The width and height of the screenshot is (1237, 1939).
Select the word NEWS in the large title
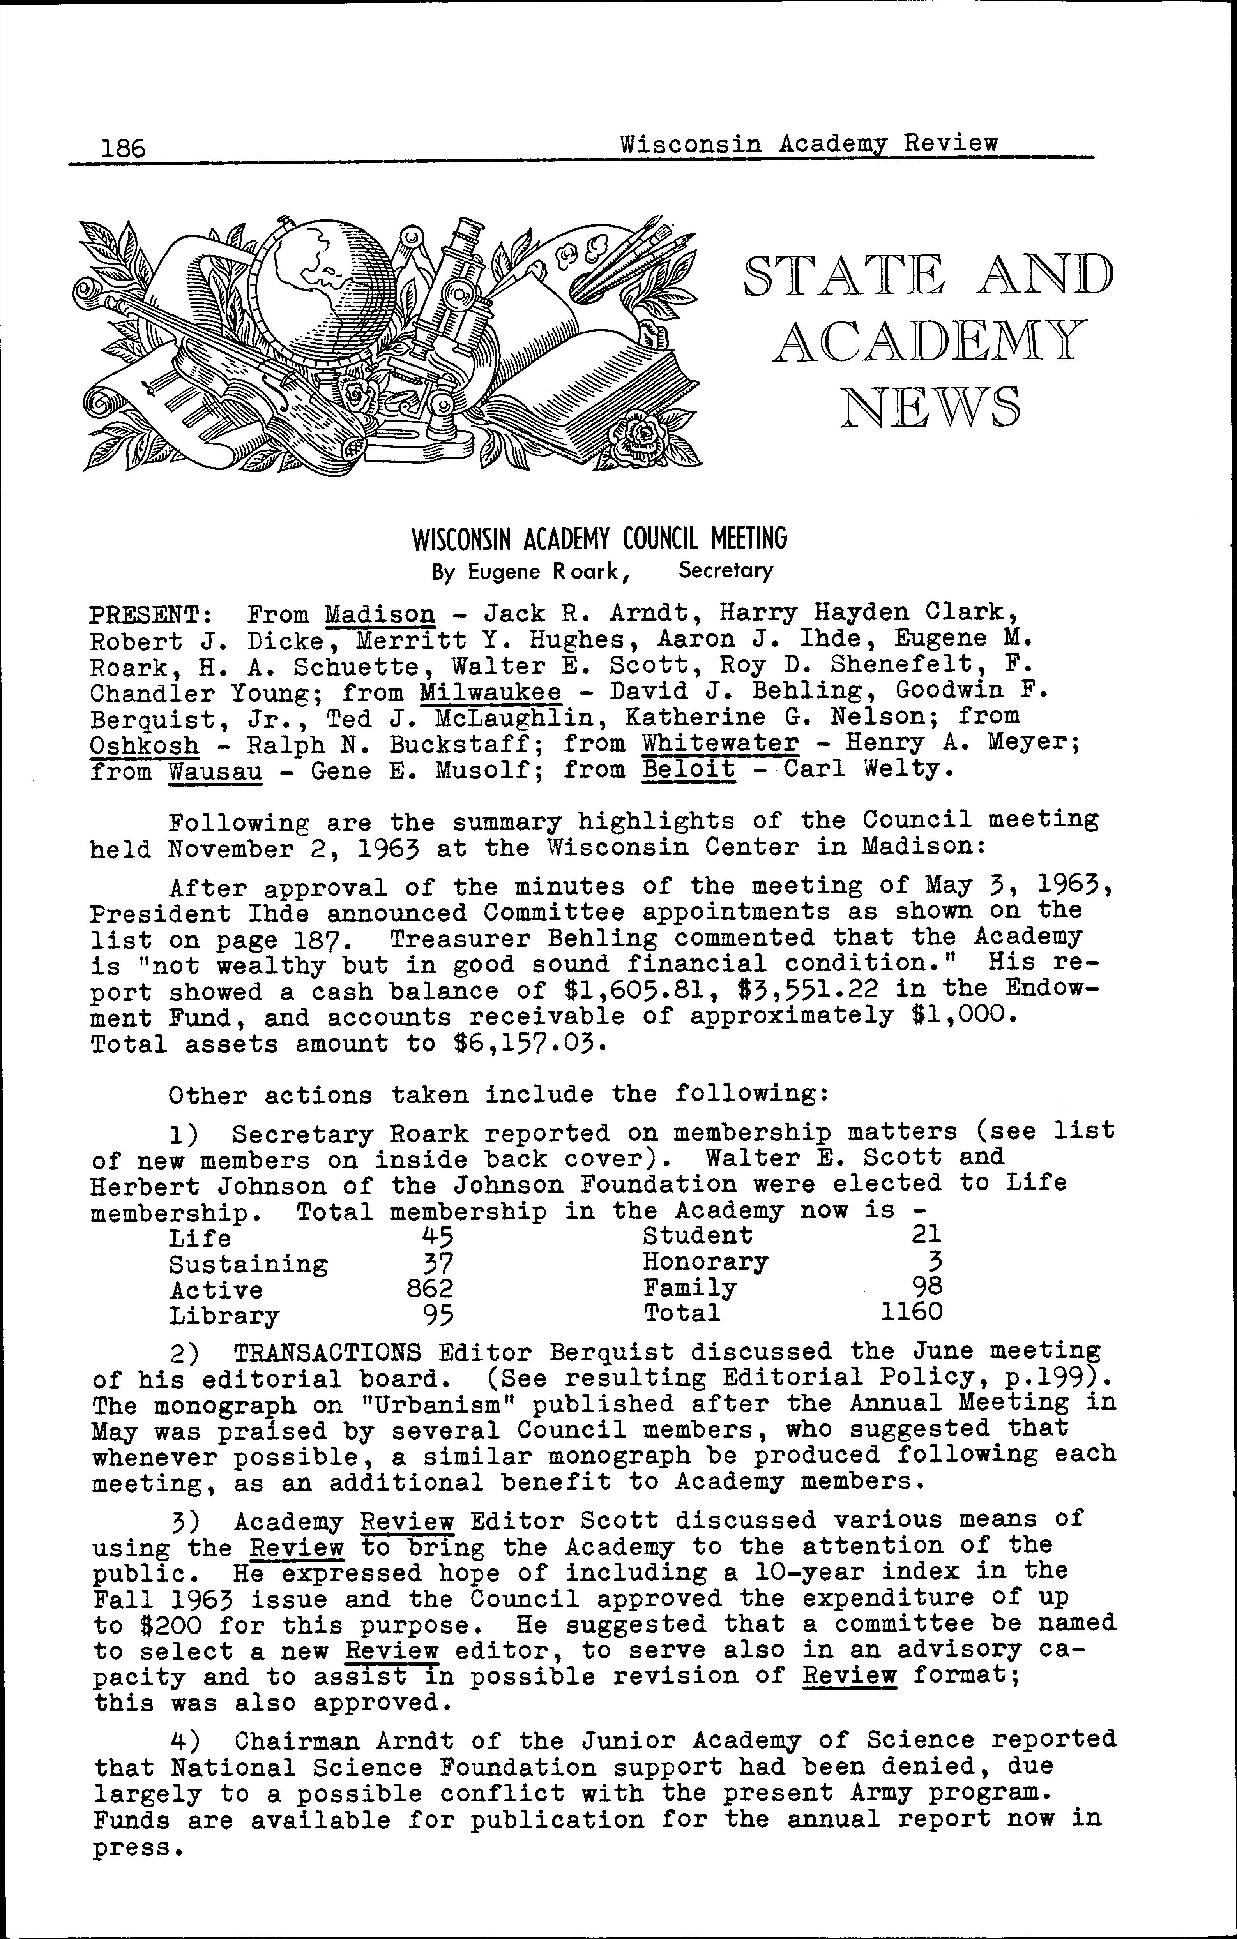point(930,408)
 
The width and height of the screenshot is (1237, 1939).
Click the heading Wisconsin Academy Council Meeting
point(599,538)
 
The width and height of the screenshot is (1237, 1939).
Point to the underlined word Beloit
point(689,770)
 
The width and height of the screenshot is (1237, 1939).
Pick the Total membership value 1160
point(911,1313)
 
